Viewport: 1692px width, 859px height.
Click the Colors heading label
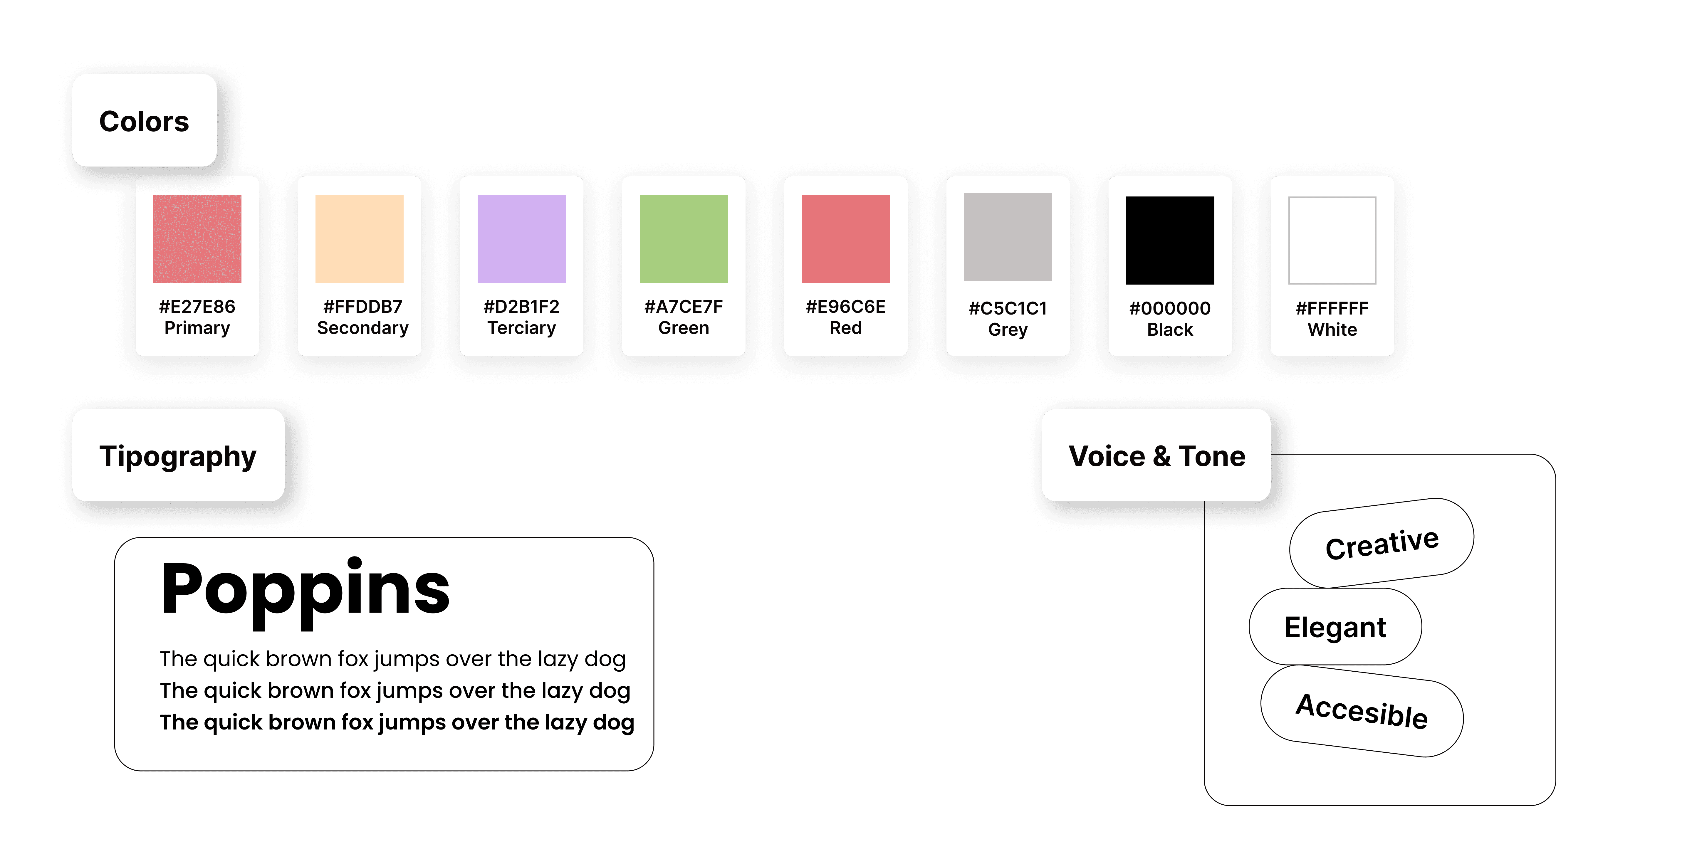[144, 122]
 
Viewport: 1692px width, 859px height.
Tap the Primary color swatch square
[197, 238]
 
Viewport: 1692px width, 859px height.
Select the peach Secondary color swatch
[359, 238]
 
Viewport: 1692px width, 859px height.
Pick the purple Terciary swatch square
[521, 238]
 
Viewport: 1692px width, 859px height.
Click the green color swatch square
[684, 238]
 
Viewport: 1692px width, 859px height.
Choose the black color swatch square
[1170, 240]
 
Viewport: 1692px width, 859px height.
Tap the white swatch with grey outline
[1332, 240]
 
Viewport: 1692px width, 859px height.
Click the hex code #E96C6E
[845, 307]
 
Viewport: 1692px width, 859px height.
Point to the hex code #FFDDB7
[362, 307]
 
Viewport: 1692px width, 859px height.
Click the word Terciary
[521, 328]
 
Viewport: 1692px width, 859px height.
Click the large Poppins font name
[305, 590]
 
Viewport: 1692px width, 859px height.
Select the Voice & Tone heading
[1157, 456]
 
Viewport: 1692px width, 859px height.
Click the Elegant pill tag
[1335, 627]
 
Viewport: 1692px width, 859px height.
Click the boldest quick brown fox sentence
[397, 722]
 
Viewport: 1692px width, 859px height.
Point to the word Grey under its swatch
[1008, 330]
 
